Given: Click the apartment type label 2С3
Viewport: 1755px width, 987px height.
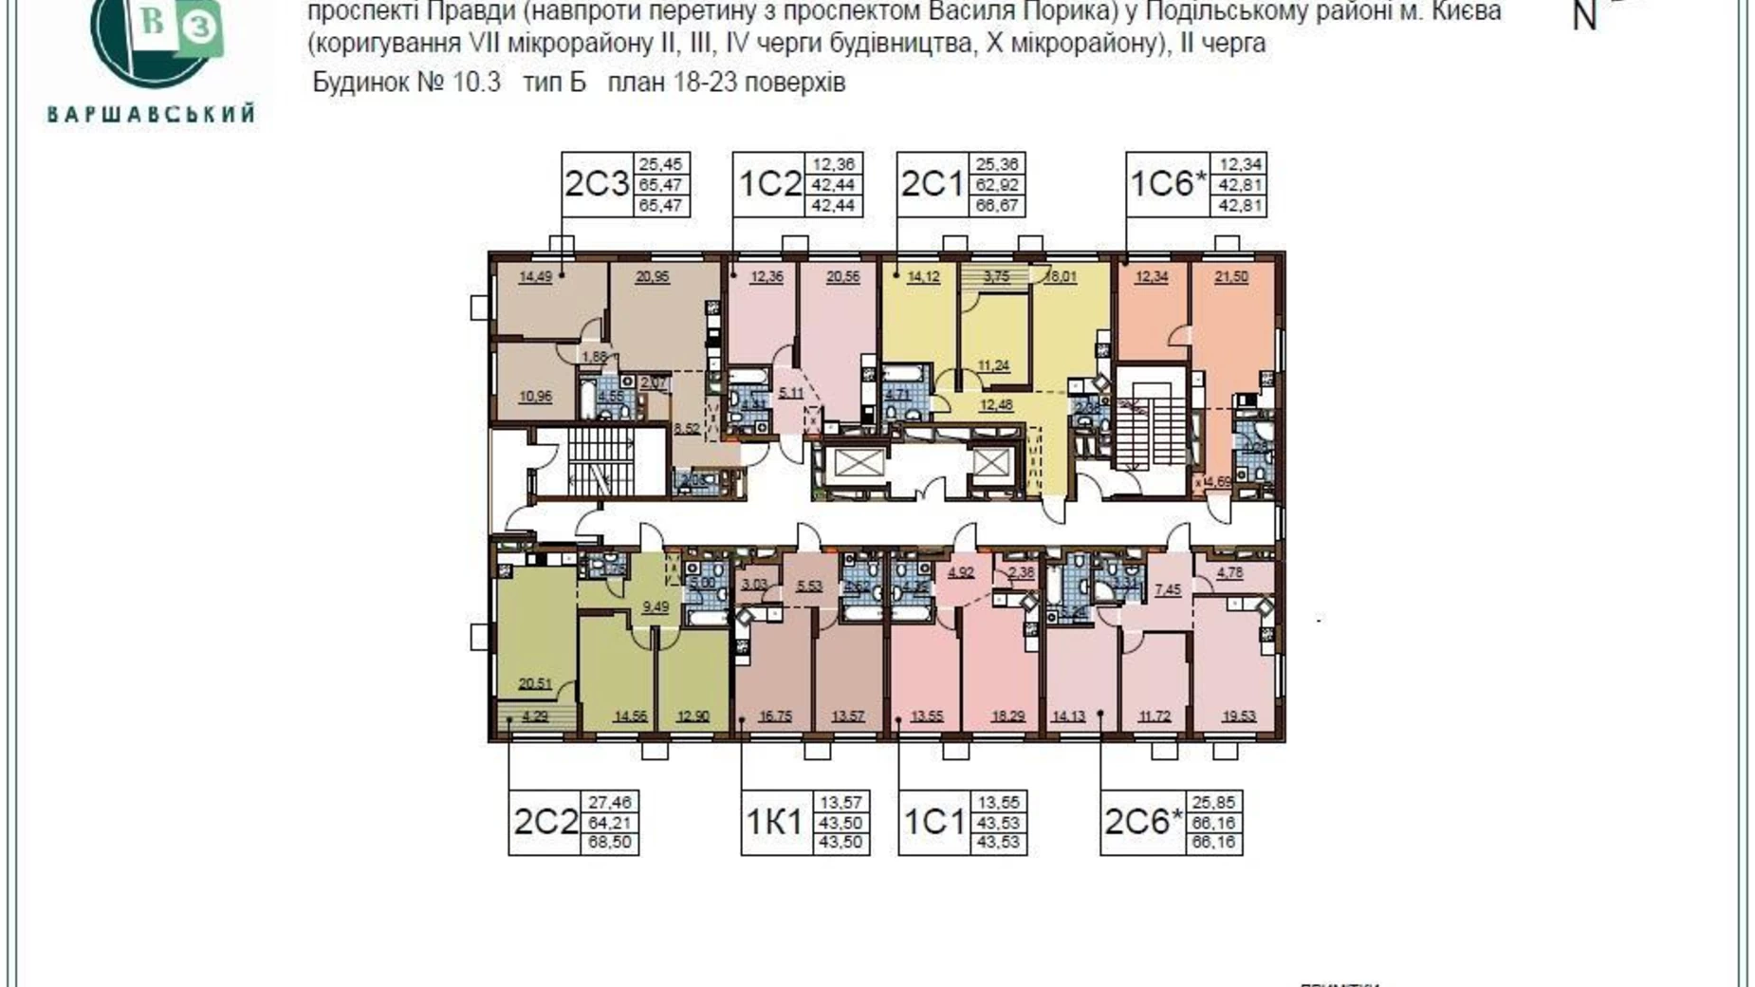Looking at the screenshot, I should click(597, 184).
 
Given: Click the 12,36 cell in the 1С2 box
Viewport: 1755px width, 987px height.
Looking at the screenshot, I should click(833, 164).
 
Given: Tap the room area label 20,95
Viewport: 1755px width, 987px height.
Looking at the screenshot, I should click(653, 277).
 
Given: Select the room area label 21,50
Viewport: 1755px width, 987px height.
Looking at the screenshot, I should click(1231, 277).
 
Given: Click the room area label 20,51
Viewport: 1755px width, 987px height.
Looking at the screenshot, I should click(535, 682).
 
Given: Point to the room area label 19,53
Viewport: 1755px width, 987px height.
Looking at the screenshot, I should click(1236, 716).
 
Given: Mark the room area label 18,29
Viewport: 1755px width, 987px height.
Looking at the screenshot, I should click(1004, 716).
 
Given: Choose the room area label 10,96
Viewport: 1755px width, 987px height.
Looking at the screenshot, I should click(535, 396).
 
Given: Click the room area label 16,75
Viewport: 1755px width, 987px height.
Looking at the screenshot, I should click(775, 716).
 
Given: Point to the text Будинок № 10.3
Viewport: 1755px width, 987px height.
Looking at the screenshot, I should click(406, 83).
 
